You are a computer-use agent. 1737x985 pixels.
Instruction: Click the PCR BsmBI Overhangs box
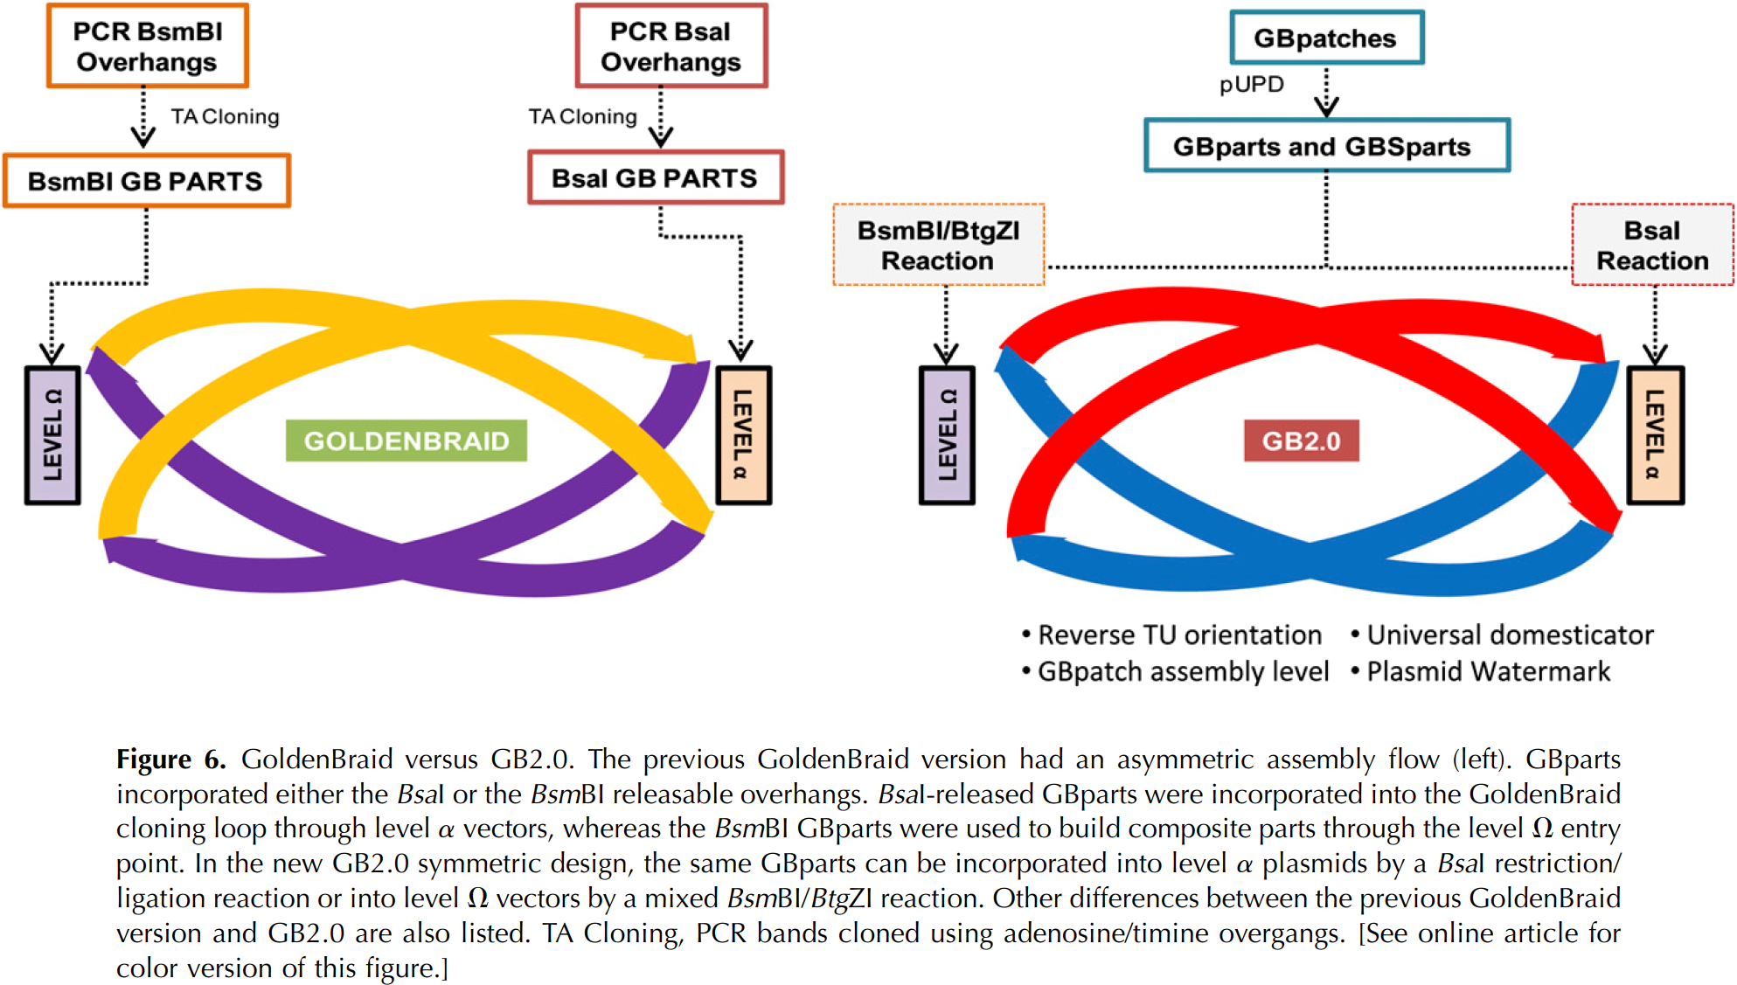[148, 46]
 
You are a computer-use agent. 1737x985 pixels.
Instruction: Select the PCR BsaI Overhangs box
[670, 46]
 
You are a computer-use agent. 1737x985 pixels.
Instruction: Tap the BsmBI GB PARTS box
[146, 181]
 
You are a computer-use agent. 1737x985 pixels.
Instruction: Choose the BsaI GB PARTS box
[655, 178]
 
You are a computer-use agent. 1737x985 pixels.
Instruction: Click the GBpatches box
[1326, 38]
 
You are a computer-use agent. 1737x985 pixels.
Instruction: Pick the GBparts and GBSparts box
[1325, 146]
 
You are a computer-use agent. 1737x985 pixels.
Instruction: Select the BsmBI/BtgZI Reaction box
[938, 245]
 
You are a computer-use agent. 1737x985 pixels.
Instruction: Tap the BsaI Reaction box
[1652, 245]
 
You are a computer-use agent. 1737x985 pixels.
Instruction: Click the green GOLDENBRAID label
[406, 440]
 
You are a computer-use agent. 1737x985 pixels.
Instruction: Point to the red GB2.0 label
[1301, 440]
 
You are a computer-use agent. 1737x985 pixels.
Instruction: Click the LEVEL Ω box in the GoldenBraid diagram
[53, 435]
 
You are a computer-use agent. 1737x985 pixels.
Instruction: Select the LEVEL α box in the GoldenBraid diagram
[743, 435]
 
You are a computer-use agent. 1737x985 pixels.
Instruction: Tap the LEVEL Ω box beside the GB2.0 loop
[947, 435]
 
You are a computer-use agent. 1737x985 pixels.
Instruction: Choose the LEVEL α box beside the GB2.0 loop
[1655, 435]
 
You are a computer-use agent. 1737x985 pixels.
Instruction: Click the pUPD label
[1252, 85]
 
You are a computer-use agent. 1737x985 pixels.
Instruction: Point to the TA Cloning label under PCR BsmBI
[225, 116]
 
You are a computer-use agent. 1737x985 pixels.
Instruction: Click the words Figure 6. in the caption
[171, 760]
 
